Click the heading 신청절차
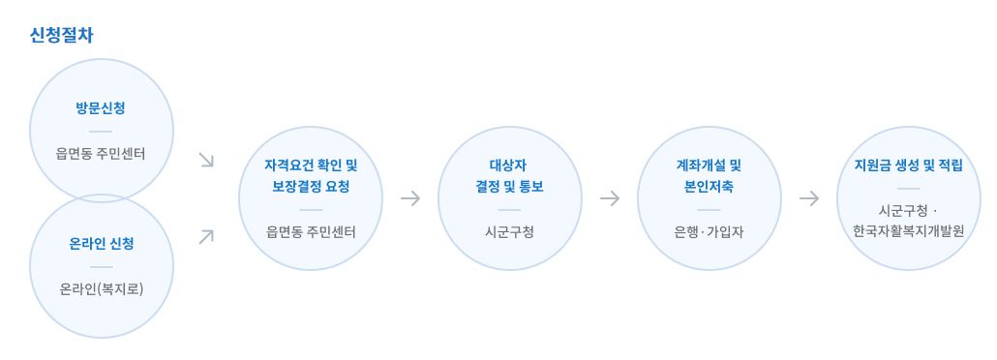point(62,35)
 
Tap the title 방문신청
point(101,107)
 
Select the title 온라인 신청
point(102,243)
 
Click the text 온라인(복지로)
point(102,288)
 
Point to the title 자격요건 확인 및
point(311,165)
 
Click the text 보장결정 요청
point(311,186)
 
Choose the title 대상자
point(509,165)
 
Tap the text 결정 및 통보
point(509,186)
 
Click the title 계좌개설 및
point(709,165)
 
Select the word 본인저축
point(709,186)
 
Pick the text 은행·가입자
point(709,231)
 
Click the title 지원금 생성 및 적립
point(908,165)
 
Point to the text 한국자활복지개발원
point(908,231)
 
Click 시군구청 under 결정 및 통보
point(509,231)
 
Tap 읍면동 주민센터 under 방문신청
point(101,153)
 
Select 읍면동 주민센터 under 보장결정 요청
point(311,231)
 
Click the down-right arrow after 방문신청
point(206,160)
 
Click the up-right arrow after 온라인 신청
point(206,236)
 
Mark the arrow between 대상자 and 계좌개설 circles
point(609,198)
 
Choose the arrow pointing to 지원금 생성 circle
point(808,198)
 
